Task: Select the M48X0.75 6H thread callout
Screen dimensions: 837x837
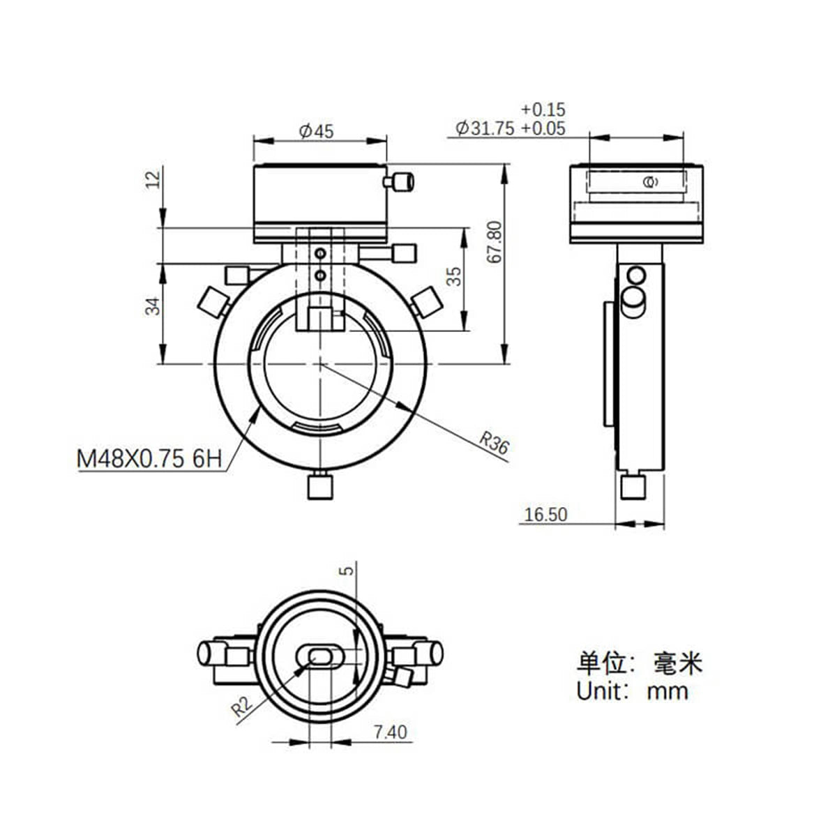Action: click(149, 459)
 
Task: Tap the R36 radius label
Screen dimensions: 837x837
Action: click(494, 444)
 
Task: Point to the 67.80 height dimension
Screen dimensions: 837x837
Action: click(495, 242)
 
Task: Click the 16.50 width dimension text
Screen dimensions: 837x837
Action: click(545, 515)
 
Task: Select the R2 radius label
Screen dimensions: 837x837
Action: click(242, 707)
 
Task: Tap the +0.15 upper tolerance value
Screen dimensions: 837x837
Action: click(543, 110)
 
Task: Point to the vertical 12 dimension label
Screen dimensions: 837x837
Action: click(153, 179)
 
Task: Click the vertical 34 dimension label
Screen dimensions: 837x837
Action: click(153, 305)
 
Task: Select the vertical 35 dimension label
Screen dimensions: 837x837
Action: click(454, 276)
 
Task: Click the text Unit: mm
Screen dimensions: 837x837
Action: click(632, 691)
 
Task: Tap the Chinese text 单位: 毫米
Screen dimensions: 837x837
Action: click(638, 662)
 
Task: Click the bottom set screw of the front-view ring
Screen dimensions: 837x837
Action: click(319, 485)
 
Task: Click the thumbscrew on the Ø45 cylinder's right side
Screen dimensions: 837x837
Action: click(399, 182)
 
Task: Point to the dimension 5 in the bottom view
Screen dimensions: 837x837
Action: click(349, 570)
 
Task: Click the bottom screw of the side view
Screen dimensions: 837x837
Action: click(632, 485)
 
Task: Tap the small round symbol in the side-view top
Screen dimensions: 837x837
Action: click(648, 183)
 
